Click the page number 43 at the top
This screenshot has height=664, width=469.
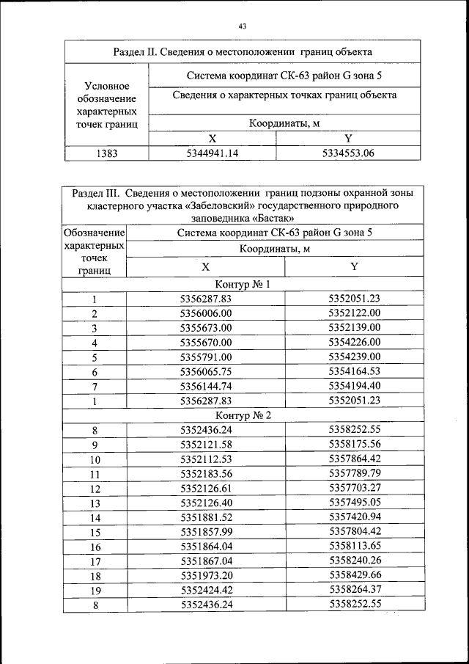[x=242, y=26]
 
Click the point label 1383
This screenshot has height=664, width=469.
[x=107, y=153]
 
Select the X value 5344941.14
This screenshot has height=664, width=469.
[x=212, y=153]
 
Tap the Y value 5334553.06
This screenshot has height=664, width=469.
[x=348, y=153]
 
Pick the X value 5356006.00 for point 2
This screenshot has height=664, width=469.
[x=206, y=313]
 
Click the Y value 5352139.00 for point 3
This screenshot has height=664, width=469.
[x=355, y=327]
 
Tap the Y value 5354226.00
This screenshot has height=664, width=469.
[x=355, y=343]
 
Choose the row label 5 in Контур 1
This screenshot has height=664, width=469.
[x=95, y=358]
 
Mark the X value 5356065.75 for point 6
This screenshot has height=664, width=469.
[x=206, y=372]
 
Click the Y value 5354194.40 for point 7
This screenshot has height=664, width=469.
[x=355, y=386]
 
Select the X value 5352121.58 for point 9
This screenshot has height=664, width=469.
[x=206, y=445]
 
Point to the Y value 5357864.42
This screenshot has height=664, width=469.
[x=355, y=459]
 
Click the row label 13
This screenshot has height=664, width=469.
[x=95, y=503]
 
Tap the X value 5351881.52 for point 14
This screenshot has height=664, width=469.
[x=206, y=517]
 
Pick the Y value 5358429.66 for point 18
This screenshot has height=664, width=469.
[x=355, y=576]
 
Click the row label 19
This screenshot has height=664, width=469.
[x=95, y=591]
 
